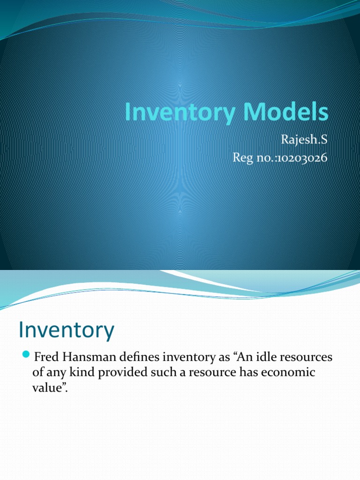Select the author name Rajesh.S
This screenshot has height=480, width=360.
[303, 140]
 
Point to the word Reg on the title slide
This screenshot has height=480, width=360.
[243, 158]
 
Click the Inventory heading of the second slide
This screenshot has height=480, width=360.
[66, 330]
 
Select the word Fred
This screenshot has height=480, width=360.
[45, 358]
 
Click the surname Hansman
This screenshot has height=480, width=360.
[84, 358]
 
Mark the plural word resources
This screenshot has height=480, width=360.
[307, 358]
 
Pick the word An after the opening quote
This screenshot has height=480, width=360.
[244, 358]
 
